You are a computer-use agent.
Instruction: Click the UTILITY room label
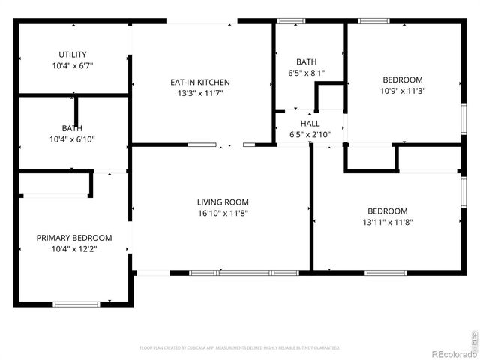tap(73, 55)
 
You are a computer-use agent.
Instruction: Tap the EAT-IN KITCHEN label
tap(199, 82)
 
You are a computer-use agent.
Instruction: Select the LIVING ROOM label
tap(223, 202)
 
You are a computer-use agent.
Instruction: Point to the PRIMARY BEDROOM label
tap(74, 238)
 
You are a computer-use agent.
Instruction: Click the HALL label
tap(310, 124)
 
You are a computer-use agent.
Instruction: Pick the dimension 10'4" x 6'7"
tap(73, 66)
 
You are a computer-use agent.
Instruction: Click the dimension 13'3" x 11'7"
tap(199, 94)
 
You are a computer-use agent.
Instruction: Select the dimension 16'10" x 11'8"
tap(223, 214)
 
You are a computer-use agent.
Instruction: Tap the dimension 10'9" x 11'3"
tap(403, 91)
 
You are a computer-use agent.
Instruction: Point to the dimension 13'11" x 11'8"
tap(387, 222)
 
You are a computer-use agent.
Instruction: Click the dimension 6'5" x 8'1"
tap(306, 73)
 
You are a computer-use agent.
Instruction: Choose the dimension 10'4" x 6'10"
tap(72, 139)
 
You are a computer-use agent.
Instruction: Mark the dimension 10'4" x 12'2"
tap(74, 249)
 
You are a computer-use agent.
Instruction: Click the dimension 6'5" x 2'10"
tap(310, 135)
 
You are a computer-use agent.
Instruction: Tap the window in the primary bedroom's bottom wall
tap(76, 304)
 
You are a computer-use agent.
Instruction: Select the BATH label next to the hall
tap(306, 62)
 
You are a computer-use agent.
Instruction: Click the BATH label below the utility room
tap(72, 128)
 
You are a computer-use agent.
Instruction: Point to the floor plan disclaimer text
tap(240, 348)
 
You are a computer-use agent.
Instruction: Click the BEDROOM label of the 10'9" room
tap(403, 80)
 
